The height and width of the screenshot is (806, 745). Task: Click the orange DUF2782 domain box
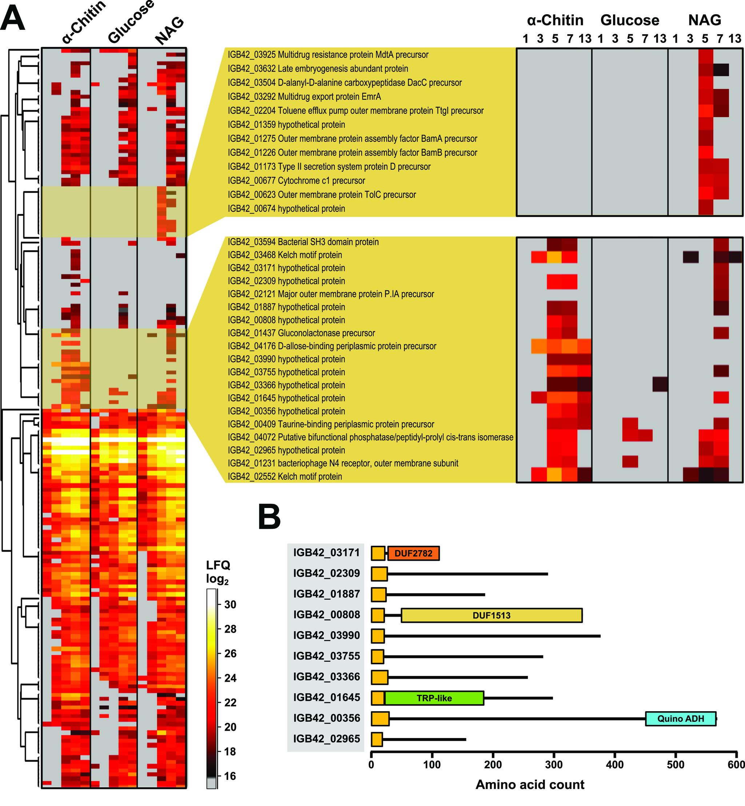[413, 553]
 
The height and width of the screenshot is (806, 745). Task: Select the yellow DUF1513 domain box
[491, 615]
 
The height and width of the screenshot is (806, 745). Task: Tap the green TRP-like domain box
[434, 698]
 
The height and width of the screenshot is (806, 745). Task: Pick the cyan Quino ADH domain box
[681, 718]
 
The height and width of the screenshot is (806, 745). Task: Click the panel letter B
[269, 517]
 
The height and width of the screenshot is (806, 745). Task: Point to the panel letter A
[12, 18]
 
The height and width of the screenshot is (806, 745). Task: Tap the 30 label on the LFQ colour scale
[230, 604]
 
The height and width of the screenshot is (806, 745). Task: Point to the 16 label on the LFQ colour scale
[230, 776]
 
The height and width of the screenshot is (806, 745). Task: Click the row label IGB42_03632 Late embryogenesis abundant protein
[318, 68]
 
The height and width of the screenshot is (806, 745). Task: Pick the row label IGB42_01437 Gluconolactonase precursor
[301, 333]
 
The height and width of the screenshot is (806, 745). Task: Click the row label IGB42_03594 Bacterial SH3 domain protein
[303, 242]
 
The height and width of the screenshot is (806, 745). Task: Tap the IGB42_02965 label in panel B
[326, 739]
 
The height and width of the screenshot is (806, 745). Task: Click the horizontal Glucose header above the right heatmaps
[630, 20]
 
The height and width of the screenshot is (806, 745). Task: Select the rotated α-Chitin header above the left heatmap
[84, 22]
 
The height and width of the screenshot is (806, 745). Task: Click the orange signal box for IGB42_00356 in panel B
[380, 718]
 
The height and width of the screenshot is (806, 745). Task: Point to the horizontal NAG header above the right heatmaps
[705, 20]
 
